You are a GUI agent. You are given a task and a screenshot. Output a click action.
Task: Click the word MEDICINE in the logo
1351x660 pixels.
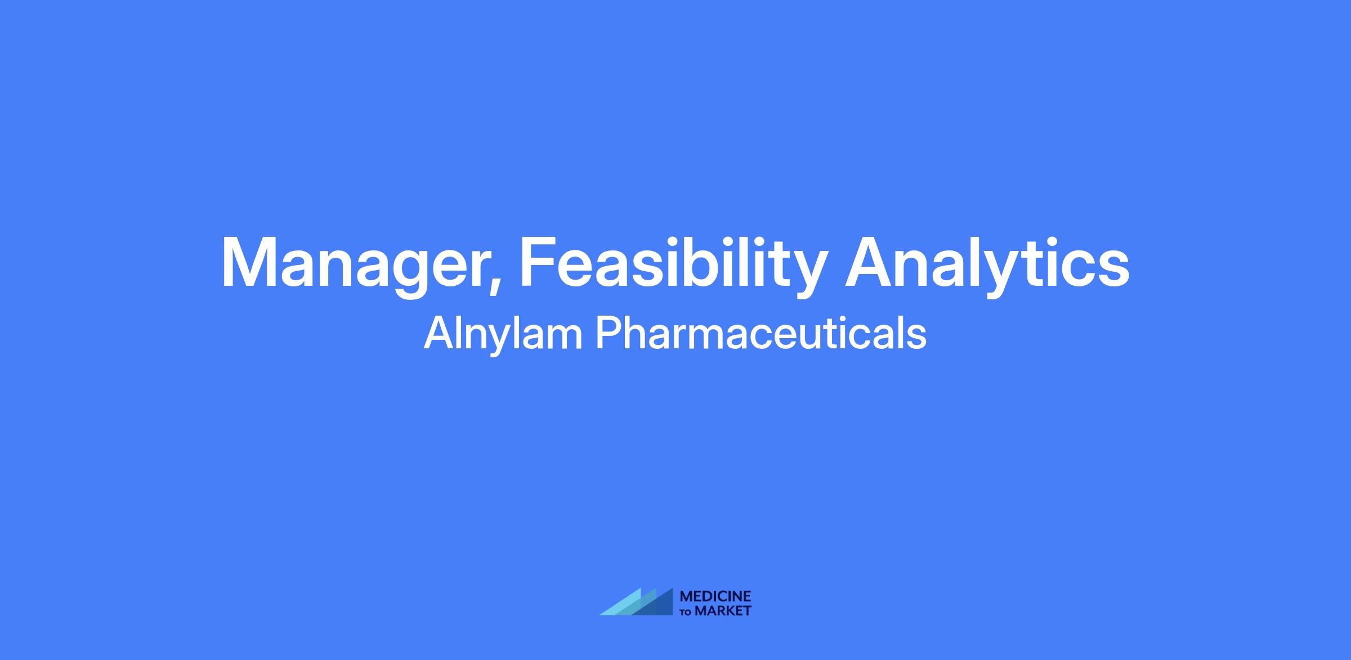tap(715, 596)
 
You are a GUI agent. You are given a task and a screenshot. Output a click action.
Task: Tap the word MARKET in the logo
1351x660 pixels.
tap(723, 610)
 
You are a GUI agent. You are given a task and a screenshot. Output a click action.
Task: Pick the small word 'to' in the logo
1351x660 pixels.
tap(687, 612)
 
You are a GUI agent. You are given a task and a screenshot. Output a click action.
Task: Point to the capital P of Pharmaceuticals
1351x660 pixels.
tap(610, 333)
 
